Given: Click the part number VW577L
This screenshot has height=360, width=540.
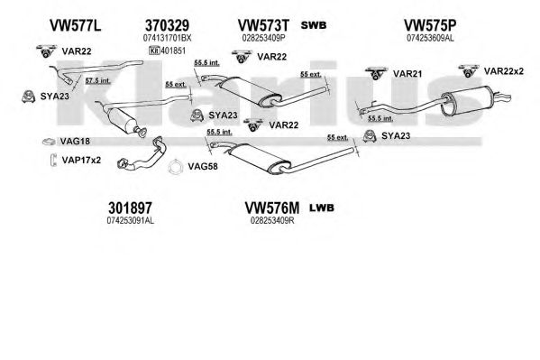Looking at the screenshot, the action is point(76,25).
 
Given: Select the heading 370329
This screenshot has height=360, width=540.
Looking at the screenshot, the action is point(167,25).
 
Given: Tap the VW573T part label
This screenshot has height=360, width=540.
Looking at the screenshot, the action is point(263,25).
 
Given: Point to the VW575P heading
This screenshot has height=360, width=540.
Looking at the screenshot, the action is point(430,25).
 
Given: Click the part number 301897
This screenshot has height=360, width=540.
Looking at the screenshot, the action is point(130,208).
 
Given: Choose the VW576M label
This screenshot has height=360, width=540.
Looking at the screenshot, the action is point(272,208).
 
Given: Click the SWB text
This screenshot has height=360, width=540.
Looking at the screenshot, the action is point(314,25).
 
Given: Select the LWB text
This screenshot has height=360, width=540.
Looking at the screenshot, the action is point(322,208).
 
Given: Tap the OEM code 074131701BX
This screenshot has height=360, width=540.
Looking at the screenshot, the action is point(167,38).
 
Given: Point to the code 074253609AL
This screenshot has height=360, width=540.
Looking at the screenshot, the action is point(430,38).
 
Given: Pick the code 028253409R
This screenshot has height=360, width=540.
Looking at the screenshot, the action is point(272,220).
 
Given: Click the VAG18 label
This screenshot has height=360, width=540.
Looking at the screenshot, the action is point(75,141).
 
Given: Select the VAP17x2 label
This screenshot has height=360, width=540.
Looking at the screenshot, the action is point(81,160).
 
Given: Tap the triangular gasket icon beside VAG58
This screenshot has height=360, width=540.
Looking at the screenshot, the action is point(175,167).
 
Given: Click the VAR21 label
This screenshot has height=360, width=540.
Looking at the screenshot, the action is point(407,74).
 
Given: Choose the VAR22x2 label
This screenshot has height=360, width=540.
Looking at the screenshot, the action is point(504,71).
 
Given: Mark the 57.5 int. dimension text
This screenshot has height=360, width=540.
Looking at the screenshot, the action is point(97,80).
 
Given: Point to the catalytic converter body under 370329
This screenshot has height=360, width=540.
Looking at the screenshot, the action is point(122,119).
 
